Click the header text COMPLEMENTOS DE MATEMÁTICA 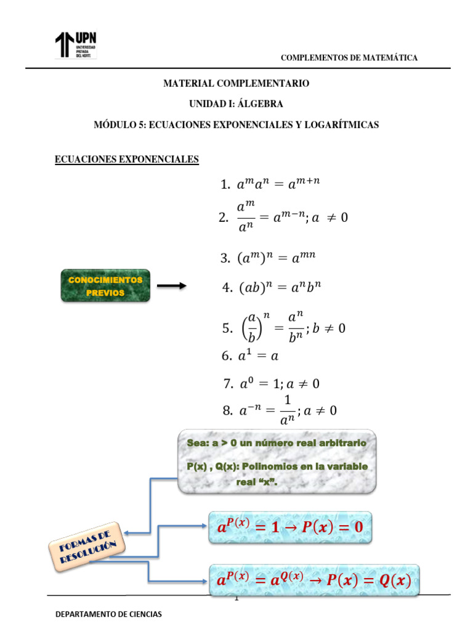(349, 58)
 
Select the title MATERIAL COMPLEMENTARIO (236, 83)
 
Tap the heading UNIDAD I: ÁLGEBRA (236, 104)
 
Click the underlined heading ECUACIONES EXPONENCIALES (127, 160)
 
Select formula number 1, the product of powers (272, 184)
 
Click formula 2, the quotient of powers (283, 218)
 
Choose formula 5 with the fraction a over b (283, 328)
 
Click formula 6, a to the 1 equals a (249, 356)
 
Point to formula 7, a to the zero (271, 383)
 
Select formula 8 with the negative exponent (278, 410)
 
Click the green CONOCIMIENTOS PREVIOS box (105, 286)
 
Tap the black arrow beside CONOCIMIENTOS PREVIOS (171, 286)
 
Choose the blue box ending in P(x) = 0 (290, 527)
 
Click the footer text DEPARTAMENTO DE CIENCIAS (109, 614)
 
